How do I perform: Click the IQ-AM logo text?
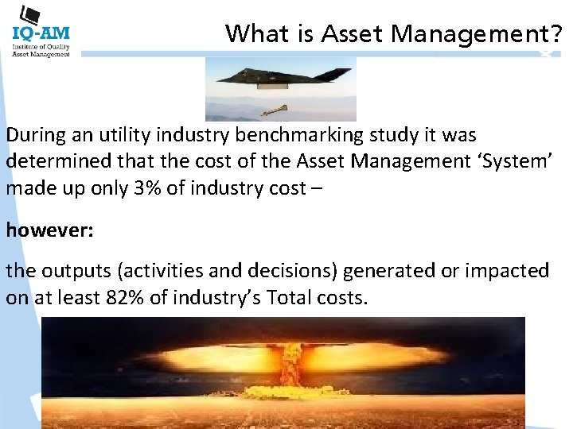click(41, 33)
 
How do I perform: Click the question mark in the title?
click(556, 34)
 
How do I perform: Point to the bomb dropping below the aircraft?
click(274, 109)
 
